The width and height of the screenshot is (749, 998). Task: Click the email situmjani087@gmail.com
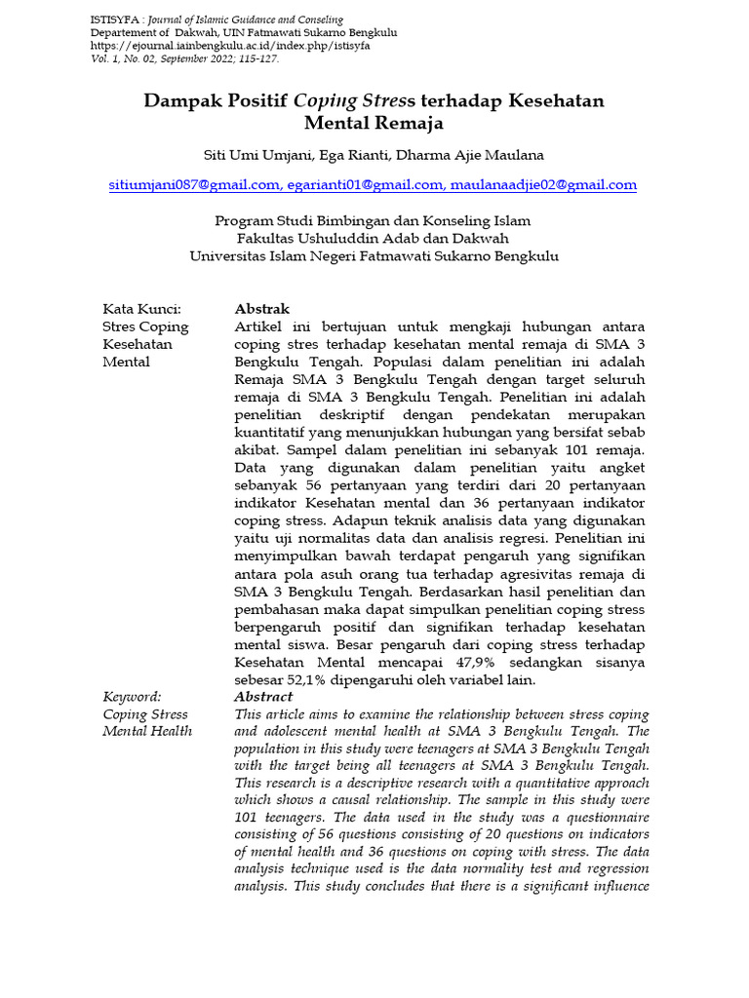[194, 184]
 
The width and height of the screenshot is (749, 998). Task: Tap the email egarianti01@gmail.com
[365, 184]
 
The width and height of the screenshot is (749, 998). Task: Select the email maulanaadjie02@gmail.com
[543, 184]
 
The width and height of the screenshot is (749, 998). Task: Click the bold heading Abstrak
[262, 309]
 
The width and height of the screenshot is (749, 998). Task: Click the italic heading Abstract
[263, 697]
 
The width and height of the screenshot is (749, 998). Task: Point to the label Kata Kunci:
[142, 309]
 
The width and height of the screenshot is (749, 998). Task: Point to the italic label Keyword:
[132, 697]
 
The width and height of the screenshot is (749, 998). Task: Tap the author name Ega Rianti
[355, 155]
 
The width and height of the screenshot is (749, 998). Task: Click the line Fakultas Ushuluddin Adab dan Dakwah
[374, 239]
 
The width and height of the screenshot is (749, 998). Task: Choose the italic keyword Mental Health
[147, 732]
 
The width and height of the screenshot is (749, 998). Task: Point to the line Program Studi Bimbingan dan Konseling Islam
[374, 221]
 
